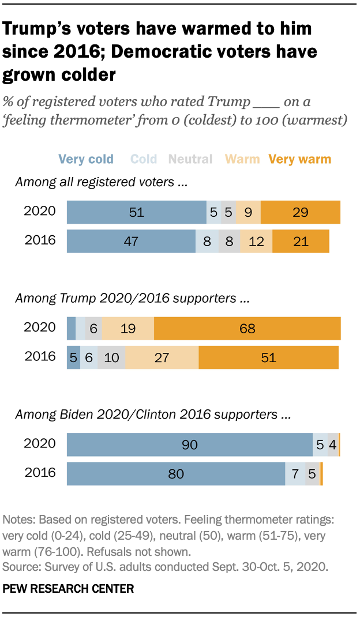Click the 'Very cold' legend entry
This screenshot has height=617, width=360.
tap(85, 159)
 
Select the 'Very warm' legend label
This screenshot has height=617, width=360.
tap(300, 159)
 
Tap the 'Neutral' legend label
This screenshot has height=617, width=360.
tap(191, 159)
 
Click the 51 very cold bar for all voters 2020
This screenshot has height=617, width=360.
tap(137, 212)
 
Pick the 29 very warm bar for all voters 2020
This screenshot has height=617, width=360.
tap(300, 212)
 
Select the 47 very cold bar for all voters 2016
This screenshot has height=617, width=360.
tap(131, 241)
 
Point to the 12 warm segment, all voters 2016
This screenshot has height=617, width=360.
tap(256, 241)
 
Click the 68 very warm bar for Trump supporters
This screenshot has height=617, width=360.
tap(247, 328)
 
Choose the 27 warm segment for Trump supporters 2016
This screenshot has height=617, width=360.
tap(162, 358)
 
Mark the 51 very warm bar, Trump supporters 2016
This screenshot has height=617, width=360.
tap(268, 358)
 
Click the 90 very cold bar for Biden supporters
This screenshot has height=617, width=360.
tap(190, 445)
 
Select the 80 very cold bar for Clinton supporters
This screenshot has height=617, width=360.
tap(176, 474)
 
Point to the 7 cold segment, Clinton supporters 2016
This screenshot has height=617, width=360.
tap(295, 474)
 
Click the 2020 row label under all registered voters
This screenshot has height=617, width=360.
tap(40, 211)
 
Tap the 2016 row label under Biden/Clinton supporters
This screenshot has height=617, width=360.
tap(40, 473)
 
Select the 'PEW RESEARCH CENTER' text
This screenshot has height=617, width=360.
tap(69, 589)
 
